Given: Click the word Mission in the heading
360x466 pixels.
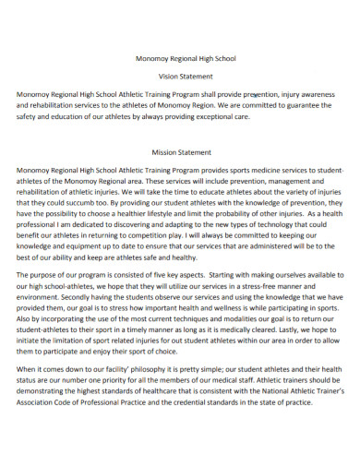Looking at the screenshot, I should [164, 152].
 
